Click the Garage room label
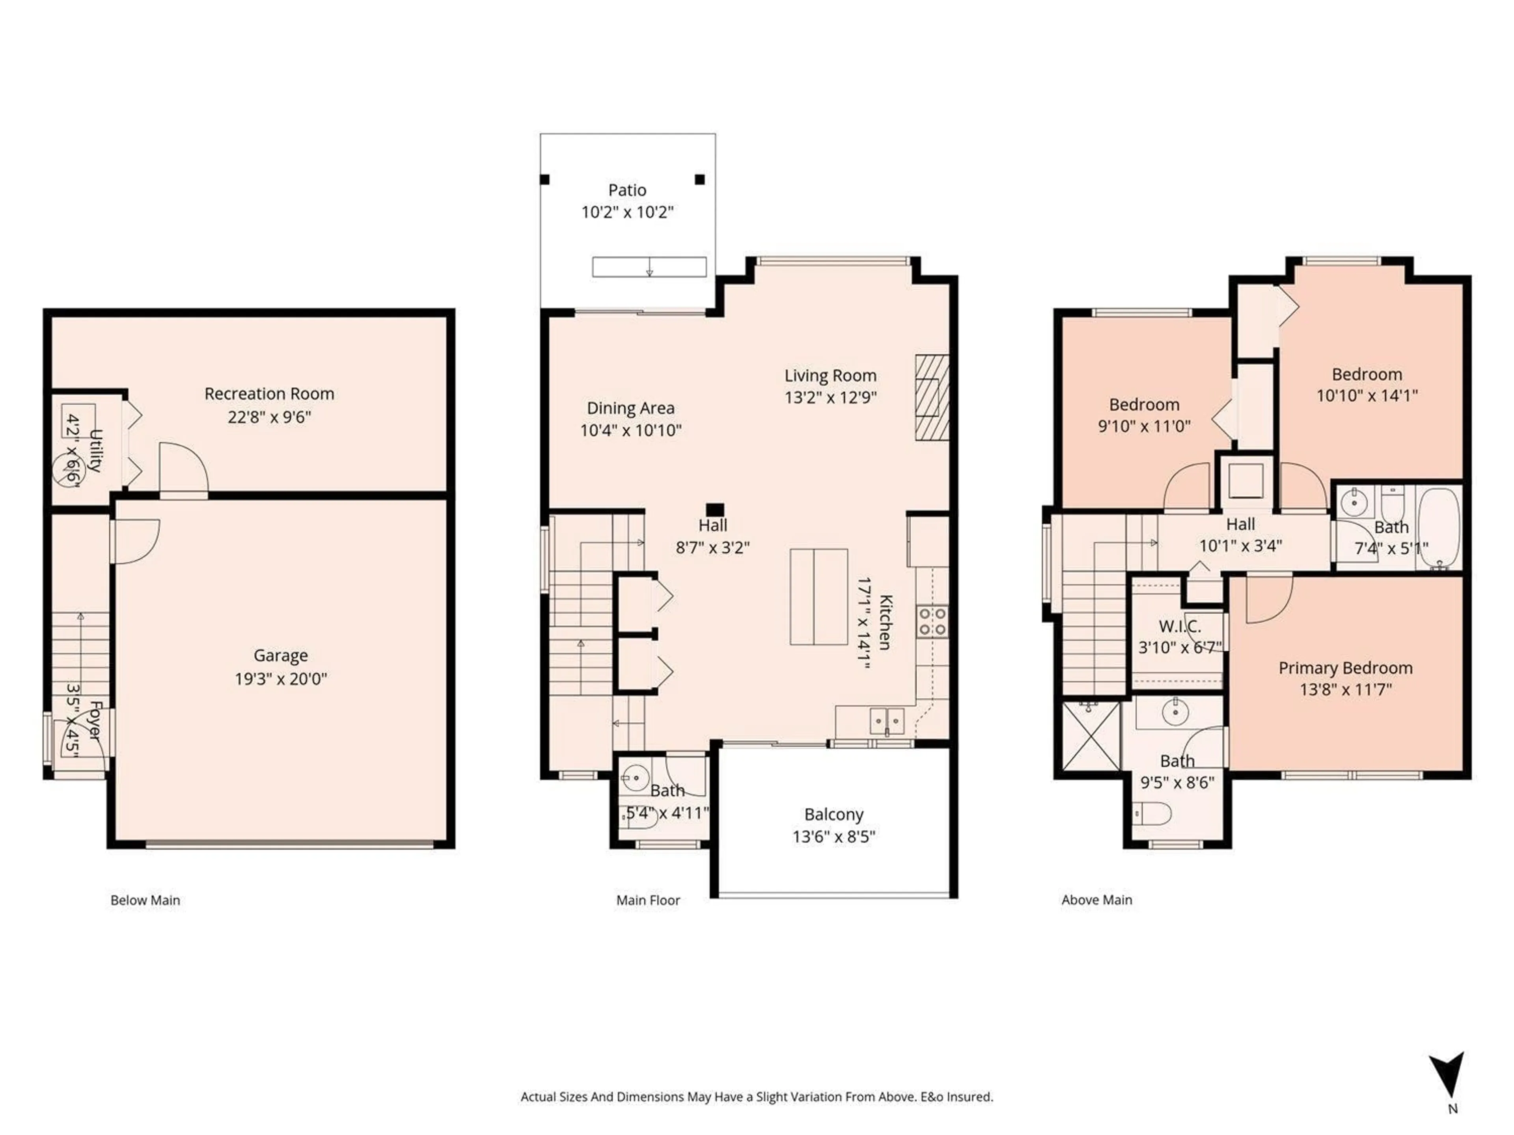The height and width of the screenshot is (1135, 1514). coord(281,655)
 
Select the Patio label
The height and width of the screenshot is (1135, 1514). coord(627,190)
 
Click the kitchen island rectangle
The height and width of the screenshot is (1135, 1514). coord(819,597)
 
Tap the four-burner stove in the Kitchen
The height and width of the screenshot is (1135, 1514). coord(932,621)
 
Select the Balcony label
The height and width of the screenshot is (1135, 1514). coord(833,814)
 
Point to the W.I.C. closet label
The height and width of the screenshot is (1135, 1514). coord(1179,626)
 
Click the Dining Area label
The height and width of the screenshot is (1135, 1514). coord(630,408)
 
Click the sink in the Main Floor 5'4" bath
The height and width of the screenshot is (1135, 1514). coord(636,777)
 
